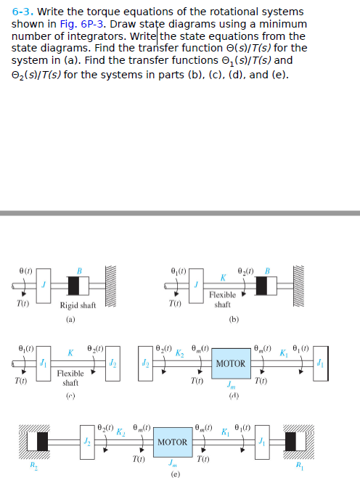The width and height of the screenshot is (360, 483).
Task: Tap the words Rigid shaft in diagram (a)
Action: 78,305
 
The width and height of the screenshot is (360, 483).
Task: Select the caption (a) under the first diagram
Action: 70,318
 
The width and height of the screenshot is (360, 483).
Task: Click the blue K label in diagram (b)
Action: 224,278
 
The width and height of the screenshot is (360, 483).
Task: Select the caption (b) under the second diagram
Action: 233,318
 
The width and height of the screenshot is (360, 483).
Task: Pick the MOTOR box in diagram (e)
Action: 172,442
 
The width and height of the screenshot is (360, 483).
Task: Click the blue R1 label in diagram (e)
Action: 320,468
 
